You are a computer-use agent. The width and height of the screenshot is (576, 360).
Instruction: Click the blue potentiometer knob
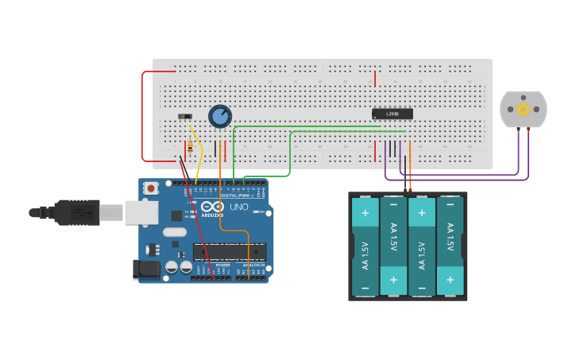click(x=220, y=117)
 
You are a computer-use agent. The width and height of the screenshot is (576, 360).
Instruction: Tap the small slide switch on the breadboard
click(x=185, y=117)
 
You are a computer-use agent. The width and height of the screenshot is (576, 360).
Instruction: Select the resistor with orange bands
click(x=188, y=146)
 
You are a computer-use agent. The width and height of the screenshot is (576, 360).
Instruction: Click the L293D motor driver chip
click(x=392, y=114)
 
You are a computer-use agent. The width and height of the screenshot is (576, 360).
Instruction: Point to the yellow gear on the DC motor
click(x=523, y=109)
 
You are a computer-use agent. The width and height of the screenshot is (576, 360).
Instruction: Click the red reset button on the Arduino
click(x=150, y=188)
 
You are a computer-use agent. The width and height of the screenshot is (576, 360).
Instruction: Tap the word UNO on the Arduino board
click(x=239, y=207)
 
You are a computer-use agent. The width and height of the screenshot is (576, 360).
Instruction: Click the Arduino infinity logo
click(x=211, y=206)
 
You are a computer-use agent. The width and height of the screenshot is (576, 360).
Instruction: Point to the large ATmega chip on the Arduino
click(x=229, y=252)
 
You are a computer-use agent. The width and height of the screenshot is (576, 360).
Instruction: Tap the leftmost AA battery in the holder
click(x=365, y=246)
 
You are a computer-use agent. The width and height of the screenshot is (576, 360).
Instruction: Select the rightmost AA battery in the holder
click(x=450, y=246)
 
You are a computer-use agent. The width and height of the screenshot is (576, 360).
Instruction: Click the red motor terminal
click(x=528, y=130)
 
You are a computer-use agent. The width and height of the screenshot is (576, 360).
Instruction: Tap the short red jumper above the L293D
click(x=375, y=78)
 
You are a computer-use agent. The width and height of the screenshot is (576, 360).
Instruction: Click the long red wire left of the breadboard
click(x=143, y=115)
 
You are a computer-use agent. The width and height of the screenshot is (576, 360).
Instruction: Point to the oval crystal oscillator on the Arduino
click(x=174, y=233)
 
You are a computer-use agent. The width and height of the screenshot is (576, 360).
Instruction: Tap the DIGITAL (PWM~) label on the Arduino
click(x=238, y=195)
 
